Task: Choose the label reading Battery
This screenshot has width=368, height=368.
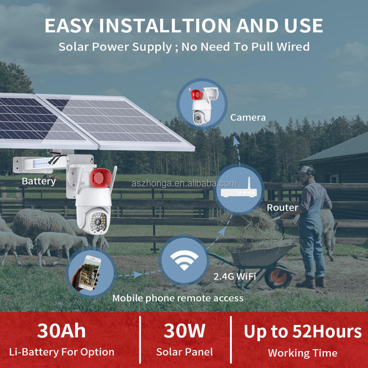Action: coord(39,181)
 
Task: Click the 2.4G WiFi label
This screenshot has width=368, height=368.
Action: coord(235,276)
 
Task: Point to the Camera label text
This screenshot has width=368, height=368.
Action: coord(248,118)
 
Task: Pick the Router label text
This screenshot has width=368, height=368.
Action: coord(282,208)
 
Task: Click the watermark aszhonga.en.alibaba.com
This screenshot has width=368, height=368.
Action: coord(184,184)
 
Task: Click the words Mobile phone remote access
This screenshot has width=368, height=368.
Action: coord(178,298)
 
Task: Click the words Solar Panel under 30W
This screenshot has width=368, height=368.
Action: coord(184,352)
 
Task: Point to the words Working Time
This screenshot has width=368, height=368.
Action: coord(302,353)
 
